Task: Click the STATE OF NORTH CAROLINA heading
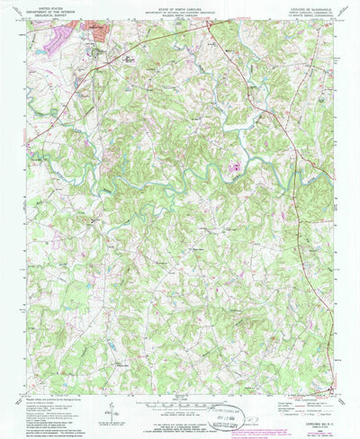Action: (180, 7)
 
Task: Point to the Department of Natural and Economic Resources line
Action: (180, 11)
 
